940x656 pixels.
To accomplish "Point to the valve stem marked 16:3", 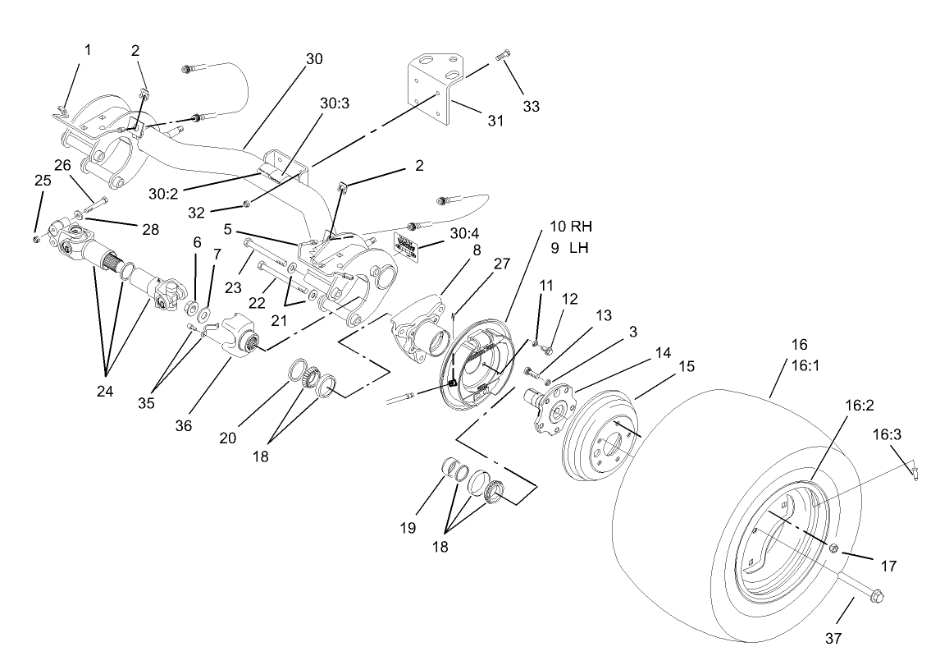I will pos(912,469).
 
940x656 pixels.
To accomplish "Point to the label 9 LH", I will pos(568,247).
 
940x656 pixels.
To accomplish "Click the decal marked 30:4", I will pos(409,244).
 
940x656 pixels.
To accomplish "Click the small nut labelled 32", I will pos(247,203).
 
